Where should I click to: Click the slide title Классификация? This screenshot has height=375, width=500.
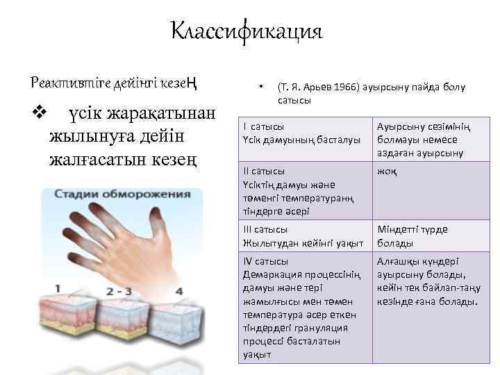[x=247, y=31]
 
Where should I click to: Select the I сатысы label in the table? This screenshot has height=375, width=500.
[x=263, y=127]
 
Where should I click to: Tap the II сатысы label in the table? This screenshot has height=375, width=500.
[x=265, y=171]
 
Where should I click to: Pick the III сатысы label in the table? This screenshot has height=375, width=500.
[x=266, y=229]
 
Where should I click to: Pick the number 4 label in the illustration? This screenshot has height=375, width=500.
[x=180, y=290]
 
